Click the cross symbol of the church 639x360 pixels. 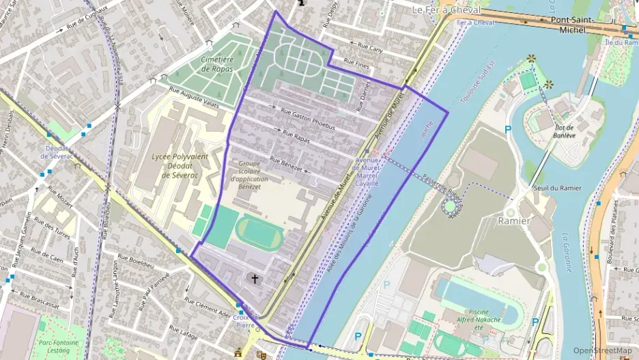[x=256, y=279]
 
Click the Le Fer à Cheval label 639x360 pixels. [x=446, y=10]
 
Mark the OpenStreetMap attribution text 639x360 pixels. [x=602, y=351]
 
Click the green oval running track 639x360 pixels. [x=259, y=233]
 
